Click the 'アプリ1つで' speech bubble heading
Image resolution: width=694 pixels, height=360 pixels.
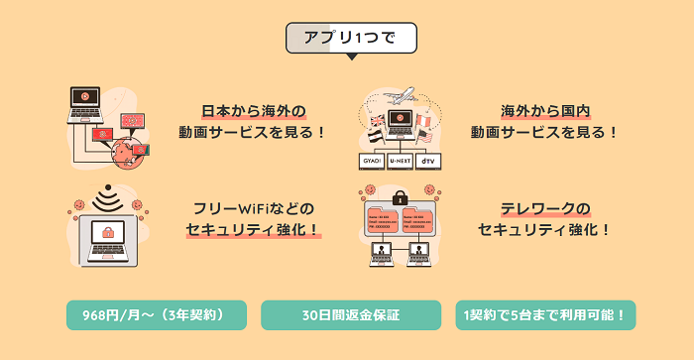pos(351,38)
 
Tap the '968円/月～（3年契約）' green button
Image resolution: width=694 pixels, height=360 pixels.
pos(156,315)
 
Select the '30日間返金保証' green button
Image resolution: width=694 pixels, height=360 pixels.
pos(350,315)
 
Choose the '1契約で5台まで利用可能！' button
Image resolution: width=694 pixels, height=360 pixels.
pos(545,315)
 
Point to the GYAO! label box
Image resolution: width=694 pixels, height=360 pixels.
pos(372,160)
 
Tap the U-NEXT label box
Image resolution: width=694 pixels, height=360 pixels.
pos(401,160)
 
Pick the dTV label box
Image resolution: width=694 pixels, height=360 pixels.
pos(428,160)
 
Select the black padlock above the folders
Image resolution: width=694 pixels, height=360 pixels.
pos(400,196)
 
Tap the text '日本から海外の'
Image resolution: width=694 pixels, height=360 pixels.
pos(254,110)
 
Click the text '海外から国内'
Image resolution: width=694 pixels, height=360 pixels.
pos(545,110)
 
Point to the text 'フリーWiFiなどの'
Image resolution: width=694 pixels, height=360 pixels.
pos(254,208)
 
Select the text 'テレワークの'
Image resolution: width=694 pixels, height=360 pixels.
pos(545,208)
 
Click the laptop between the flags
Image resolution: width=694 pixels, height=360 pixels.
pos(401,122)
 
